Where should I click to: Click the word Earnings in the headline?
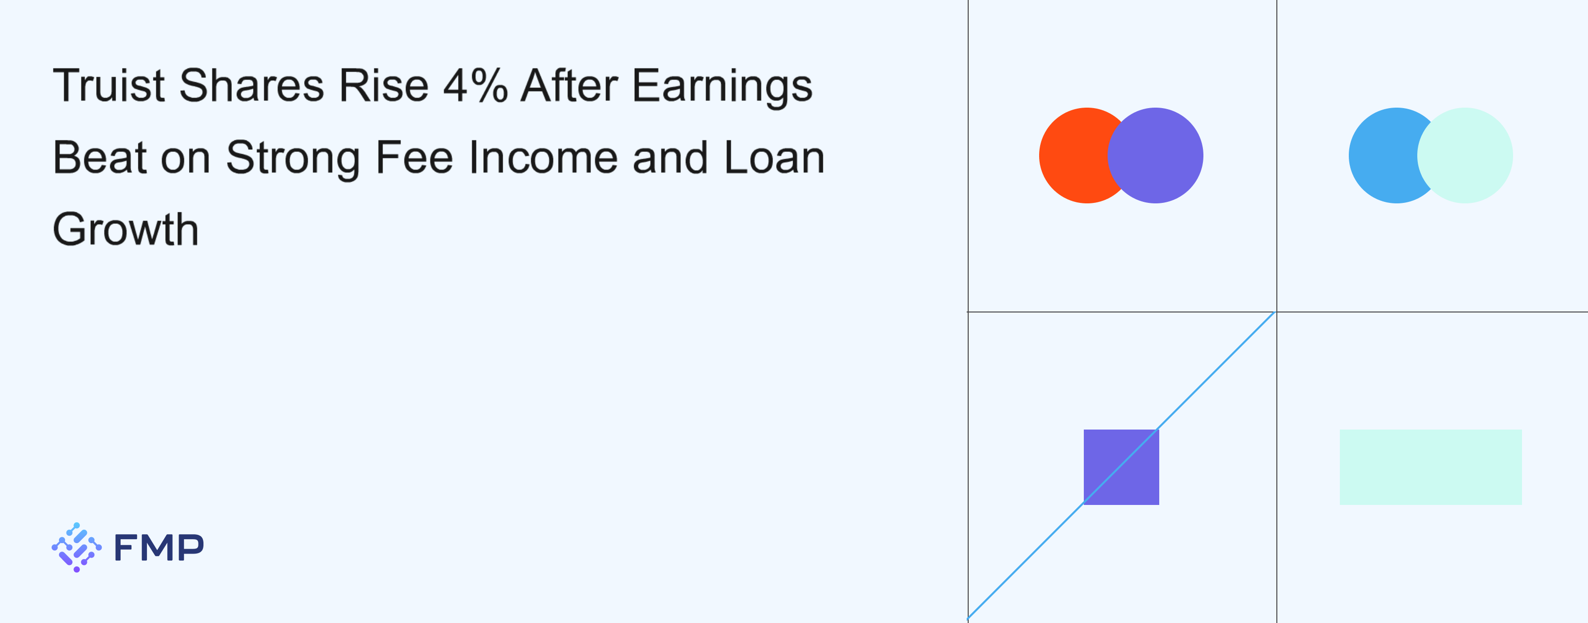[x=722, y=87]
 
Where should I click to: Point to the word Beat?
[x=100, y=157]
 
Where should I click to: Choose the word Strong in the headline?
[x=293, y=160]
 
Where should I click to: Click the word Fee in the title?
[x=414, y=157]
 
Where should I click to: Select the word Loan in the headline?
[x=774, y=157]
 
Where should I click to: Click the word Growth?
[x=126, y=229]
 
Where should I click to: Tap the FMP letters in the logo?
[x=159, y=547]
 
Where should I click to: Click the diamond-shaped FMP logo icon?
[x=76, y=547]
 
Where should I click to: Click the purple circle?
[x=1155, y=155]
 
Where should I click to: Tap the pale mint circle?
[x=1465, y=155]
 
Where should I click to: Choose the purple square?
[x=1122, y=467]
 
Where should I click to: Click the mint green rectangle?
[x=1431, y=467]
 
